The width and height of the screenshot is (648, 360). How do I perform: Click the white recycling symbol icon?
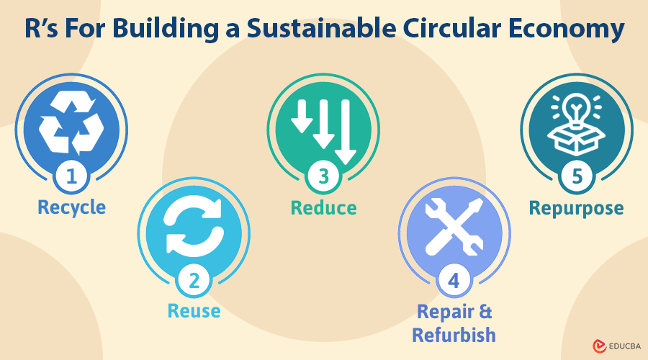(x=71, y=122)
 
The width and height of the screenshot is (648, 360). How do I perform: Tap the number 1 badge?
(x=71, y=176)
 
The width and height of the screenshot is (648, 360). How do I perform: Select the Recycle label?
(x=71, y=207)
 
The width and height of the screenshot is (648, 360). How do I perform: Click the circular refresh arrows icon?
(x=194, y=226)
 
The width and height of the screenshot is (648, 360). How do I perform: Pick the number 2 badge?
(x=194, y=281)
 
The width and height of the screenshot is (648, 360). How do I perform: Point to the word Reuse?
(x=194, y=311)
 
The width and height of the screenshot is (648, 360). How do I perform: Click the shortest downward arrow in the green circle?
(x=302, y=116)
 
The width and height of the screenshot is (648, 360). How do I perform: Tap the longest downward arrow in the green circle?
(x=346, y=132)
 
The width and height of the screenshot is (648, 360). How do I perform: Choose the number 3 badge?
(x=323, y=176)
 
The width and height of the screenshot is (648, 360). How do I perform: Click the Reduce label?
(x=323, y=208)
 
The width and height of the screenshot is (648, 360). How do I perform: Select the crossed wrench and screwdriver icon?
(x=454, y=226)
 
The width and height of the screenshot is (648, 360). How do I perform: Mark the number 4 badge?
(x=454, y=281)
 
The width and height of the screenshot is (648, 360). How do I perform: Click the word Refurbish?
(x=454, y=335)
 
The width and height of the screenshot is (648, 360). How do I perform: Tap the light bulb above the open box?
(x=577, y=109)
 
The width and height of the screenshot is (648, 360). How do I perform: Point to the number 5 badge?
(x=577, y=176)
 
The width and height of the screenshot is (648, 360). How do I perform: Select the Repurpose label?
(x=577, y=209)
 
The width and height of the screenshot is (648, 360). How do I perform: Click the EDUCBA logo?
(x=616, y=346)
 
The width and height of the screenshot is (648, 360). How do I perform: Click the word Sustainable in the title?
(x=321, y=28)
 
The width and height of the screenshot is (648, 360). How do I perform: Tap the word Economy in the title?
(x=566, y=29)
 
